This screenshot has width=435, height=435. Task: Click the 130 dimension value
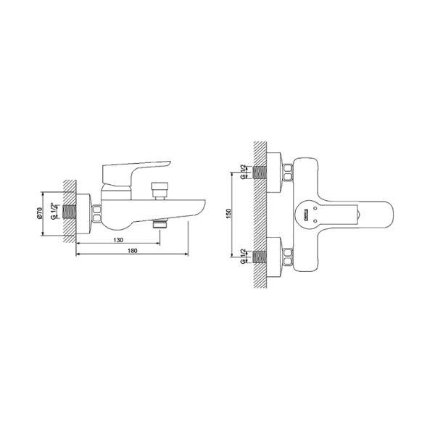tap(117, 239)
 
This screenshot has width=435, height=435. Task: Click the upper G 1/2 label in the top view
tap(243, 173)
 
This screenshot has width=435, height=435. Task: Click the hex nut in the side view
tap(96, 213)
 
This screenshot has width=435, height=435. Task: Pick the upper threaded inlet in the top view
tap(260, 172)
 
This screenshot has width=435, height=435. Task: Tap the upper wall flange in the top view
tap(275, 172)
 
